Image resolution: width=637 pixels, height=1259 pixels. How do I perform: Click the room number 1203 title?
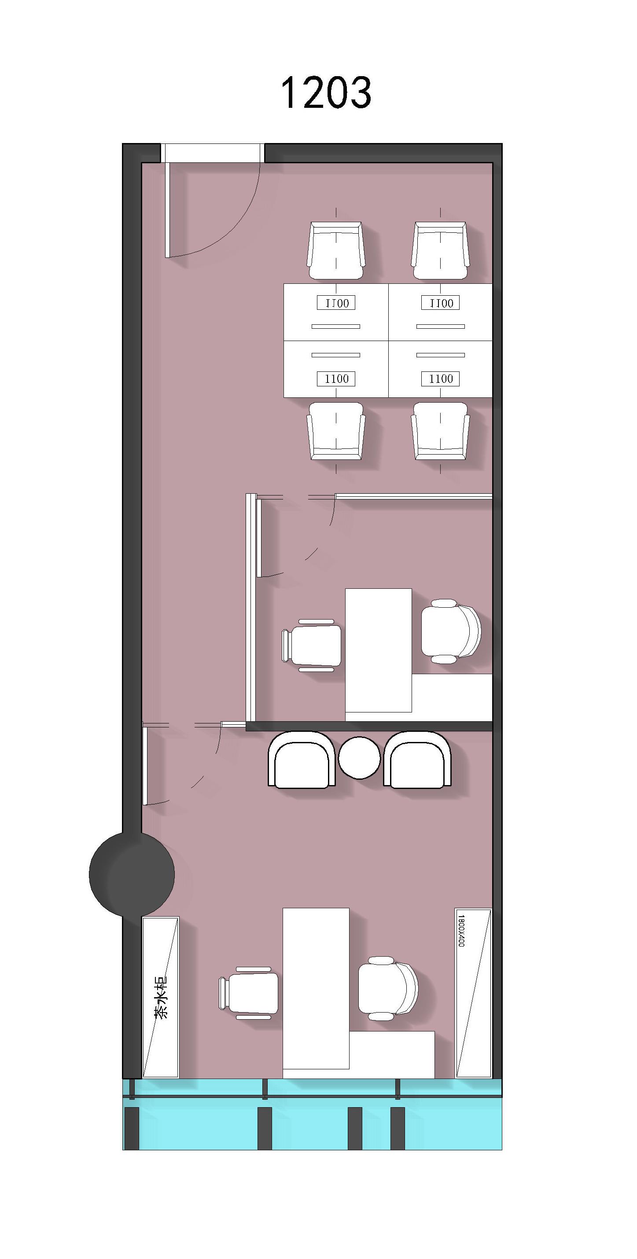point(326,92)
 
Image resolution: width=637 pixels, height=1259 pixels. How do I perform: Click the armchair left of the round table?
point(302,760)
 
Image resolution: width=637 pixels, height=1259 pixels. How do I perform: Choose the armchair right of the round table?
point(417,760)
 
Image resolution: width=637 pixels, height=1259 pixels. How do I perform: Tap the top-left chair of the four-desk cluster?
point(336,251)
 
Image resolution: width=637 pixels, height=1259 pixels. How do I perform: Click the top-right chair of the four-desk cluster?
point(440,251)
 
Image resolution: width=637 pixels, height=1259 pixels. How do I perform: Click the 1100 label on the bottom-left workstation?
point(336,379)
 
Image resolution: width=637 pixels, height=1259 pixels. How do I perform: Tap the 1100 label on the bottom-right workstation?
point(441,379)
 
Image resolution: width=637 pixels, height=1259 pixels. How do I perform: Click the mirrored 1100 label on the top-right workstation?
point(441,303)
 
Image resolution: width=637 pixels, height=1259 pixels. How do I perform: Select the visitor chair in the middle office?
point(311,645)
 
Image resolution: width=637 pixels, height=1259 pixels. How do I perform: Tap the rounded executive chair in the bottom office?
point(388,988)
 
